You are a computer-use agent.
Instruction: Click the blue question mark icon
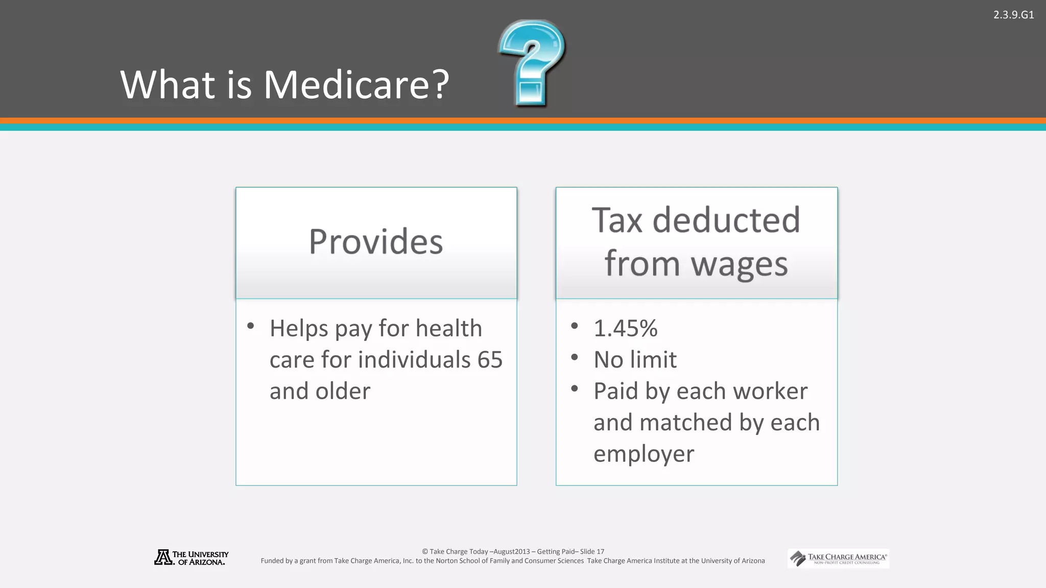click(531, 62)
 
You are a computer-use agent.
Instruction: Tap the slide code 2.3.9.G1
click(1013, 15)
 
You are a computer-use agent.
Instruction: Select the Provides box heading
click(376, 241)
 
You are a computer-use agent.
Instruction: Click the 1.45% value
click(625, 328)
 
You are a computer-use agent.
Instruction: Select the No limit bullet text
click(635, 360)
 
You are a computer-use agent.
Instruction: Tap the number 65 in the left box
click(490, 360)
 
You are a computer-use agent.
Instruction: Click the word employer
click(644, 454)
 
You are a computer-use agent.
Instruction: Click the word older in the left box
click(343, 391)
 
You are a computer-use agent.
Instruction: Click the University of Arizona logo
click(191, 557)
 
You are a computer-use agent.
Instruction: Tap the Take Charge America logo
click(838, 558)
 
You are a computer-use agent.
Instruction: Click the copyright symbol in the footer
click(425, 552)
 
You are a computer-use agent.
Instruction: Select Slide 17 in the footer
click(592, 552)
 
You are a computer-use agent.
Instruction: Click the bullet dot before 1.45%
click(575, 326)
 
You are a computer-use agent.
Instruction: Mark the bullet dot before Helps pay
click(250, 326)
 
